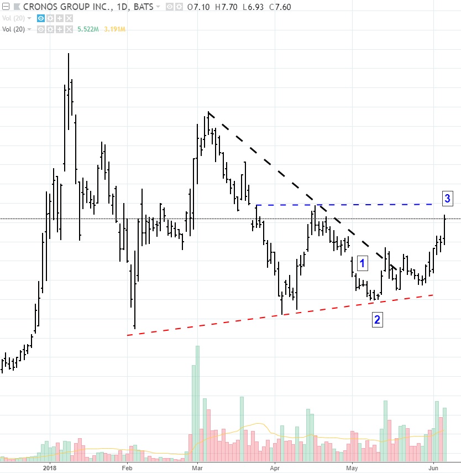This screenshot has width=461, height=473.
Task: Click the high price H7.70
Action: click(227, 7)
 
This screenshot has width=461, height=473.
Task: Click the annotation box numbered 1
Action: click(362, 263)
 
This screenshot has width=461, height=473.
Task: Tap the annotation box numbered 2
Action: click(377, 319)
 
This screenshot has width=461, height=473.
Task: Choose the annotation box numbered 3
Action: click(448, 198)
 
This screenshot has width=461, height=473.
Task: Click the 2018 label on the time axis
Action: click(50, 467)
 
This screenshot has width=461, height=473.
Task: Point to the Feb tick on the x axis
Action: click(127, 467)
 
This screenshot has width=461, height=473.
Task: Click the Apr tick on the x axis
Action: click(275, 467)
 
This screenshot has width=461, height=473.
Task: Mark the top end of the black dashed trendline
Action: click(208, 112)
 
